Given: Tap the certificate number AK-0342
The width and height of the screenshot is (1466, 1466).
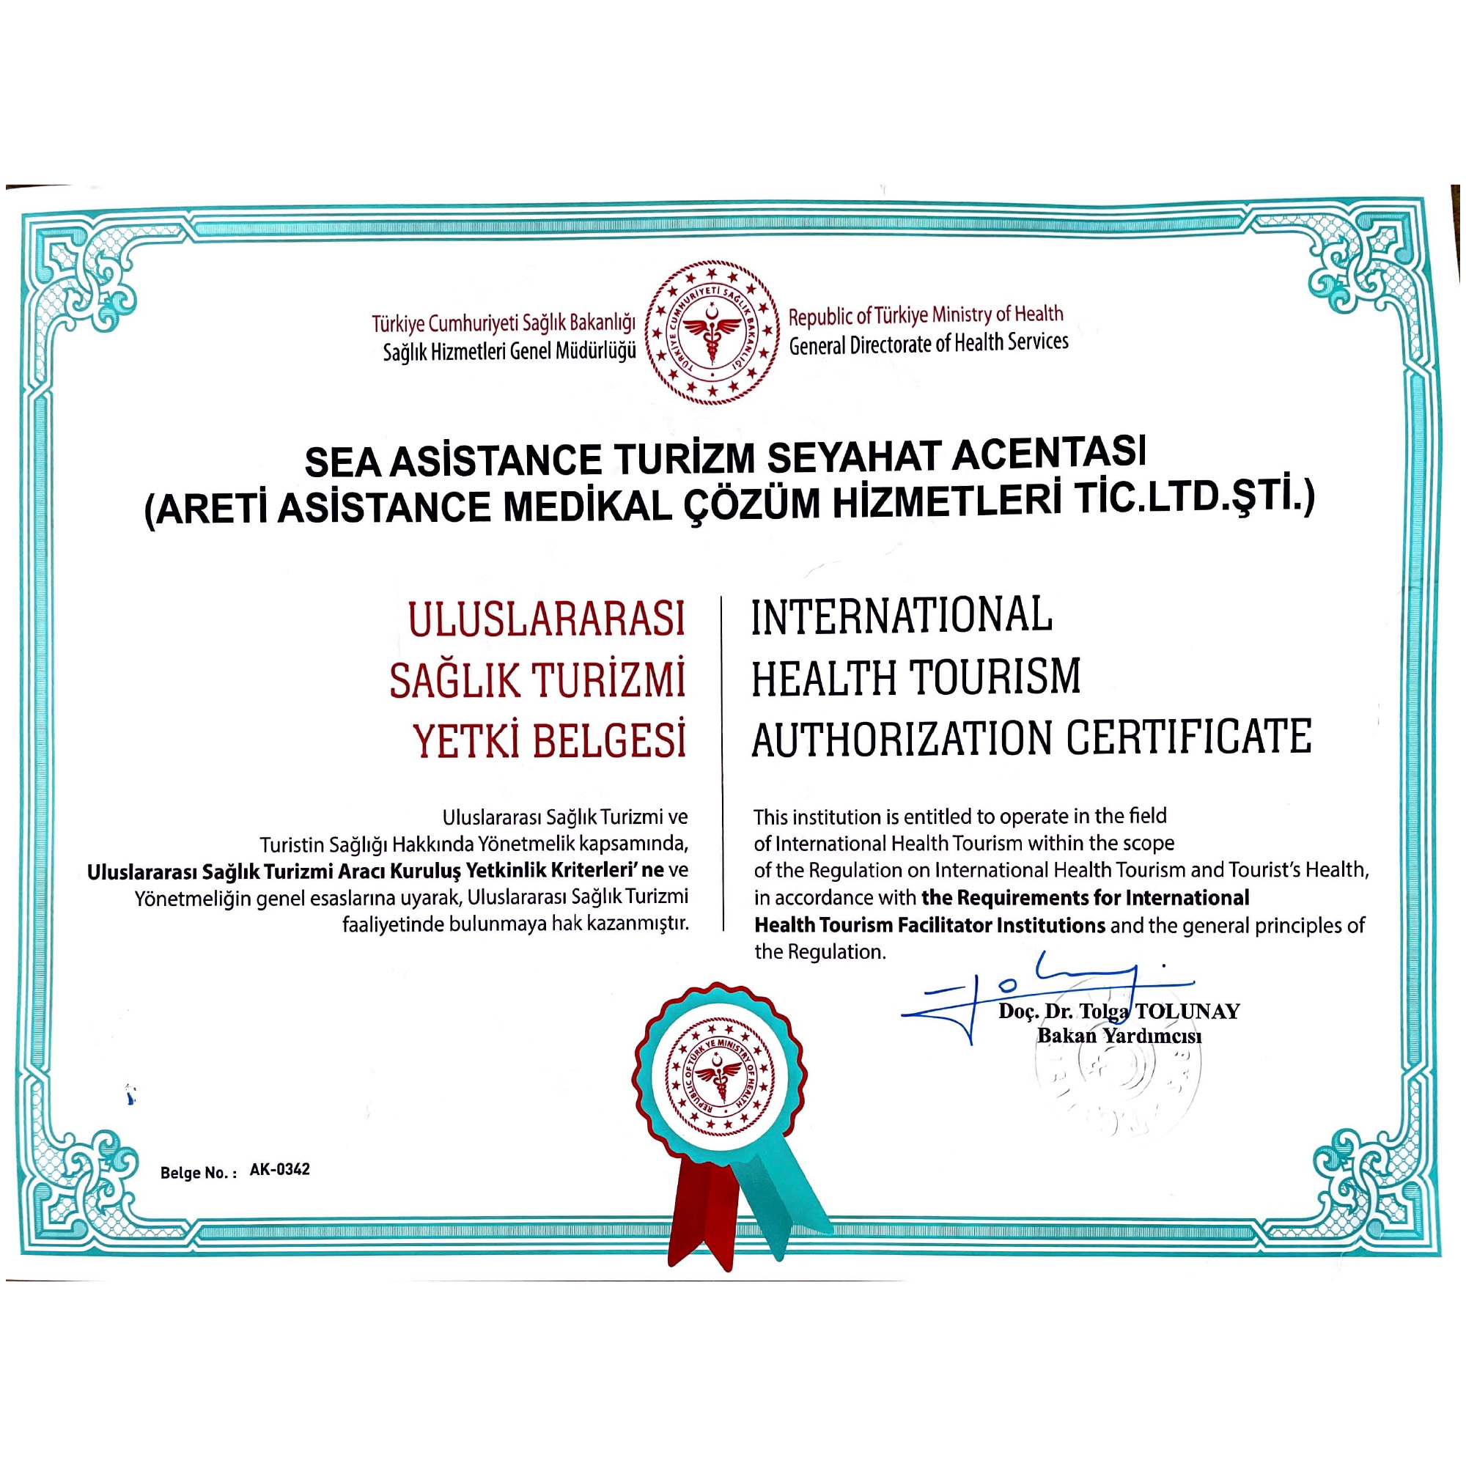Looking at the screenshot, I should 279,1169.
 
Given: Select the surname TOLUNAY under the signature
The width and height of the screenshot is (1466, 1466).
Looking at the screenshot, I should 1187,1012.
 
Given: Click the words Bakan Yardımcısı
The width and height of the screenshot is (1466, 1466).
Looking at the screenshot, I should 1119,1036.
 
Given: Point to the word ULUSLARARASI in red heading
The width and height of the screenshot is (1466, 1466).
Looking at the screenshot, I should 546,619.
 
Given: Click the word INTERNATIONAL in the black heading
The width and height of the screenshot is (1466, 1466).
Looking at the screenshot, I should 902,616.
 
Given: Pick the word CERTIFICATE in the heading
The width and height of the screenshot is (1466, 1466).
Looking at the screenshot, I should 1189,737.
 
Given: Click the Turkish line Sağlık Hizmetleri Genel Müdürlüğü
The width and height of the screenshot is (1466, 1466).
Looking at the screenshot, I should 509,352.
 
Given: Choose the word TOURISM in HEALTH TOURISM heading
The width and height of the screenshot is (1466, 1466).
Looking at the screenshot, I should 995,677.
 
